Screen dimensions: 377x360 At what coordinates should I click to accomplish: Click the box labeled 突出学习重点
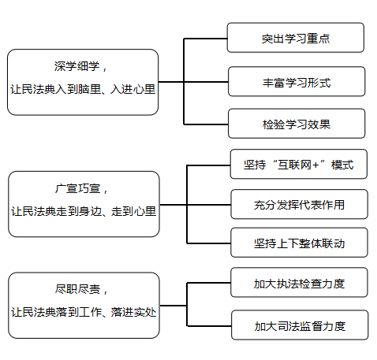pos(296,38)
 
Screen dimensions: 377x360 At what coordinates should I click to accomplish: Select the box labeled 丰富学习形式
pos(297,81)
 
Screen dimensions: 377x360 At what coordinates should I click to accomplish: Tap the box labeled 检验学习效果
pos(297,124)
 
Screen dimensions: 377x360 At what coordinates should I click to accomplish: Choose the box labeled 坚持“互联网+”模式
pos(299,164)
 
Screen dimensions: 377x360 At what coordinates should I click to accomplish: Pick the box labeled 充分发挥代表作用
pos(299,204)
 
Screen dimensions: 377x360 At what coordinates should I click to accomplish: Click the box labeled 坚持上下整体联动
pos(299,243)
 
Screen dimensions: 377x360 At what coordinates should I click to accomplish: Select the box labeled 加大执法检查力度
pos(299,283)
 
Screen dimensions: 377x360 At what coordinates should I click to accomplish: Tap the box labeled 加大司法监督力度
pos(300,325)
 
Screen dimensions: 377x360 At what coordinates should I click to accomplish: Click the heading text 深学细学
pos(77,66)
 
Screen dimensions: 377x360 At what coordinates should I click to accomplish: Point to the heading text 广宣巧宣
pos(77,188)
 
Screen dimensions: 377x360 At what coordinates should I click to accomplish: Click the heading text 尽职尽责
pos(77,289)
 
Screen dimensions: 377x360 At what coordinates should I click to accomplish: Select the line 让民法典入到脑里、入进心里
pos(83,89)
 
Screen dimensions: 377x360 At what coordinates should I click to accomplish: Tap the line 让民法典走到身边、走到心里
pos(84,211)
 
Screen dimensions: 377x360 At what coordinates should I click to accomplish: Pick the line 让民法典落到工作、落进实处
pos(84,312)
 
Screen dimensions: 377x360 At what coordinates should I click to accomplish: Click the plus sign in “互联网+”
pos(315,165)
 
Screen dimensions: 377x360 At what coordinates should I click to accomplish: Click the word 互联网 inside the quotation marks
pos(294,165)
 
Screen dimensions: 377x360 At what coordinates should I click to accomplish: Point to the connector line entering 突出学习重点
pos(206,39)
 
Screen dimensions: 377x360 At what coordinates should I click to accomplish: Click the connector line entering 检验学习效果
pos(206,124)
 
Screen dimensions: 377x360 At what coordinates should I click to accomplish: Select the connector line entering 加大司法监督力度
pos(209,326)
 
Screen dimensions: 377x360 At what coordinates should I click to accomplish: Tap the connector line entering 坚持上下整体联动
pos(209,243)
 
